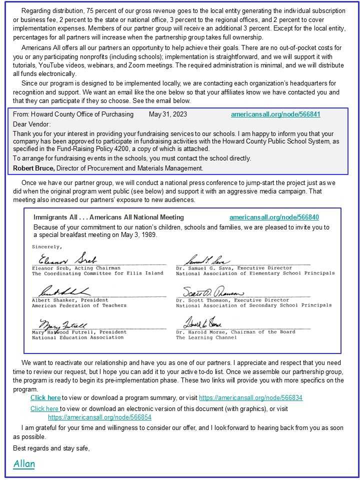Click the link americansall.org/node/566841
275,114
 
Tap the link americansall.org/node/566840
274,217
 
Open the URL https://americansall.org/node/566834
250,398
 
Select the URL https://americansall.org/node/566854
99,417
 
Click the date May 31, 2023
168,114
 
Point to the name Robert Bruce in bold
33,168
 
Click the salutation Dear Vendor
32,124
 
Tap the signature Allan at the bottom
24,464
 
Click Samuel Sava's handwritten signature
207,260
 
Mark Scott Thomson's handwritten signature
206,292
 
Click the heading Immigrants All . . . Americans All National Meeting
108,217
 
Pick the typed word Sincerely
47,246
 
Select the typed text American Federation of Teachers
79,305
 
